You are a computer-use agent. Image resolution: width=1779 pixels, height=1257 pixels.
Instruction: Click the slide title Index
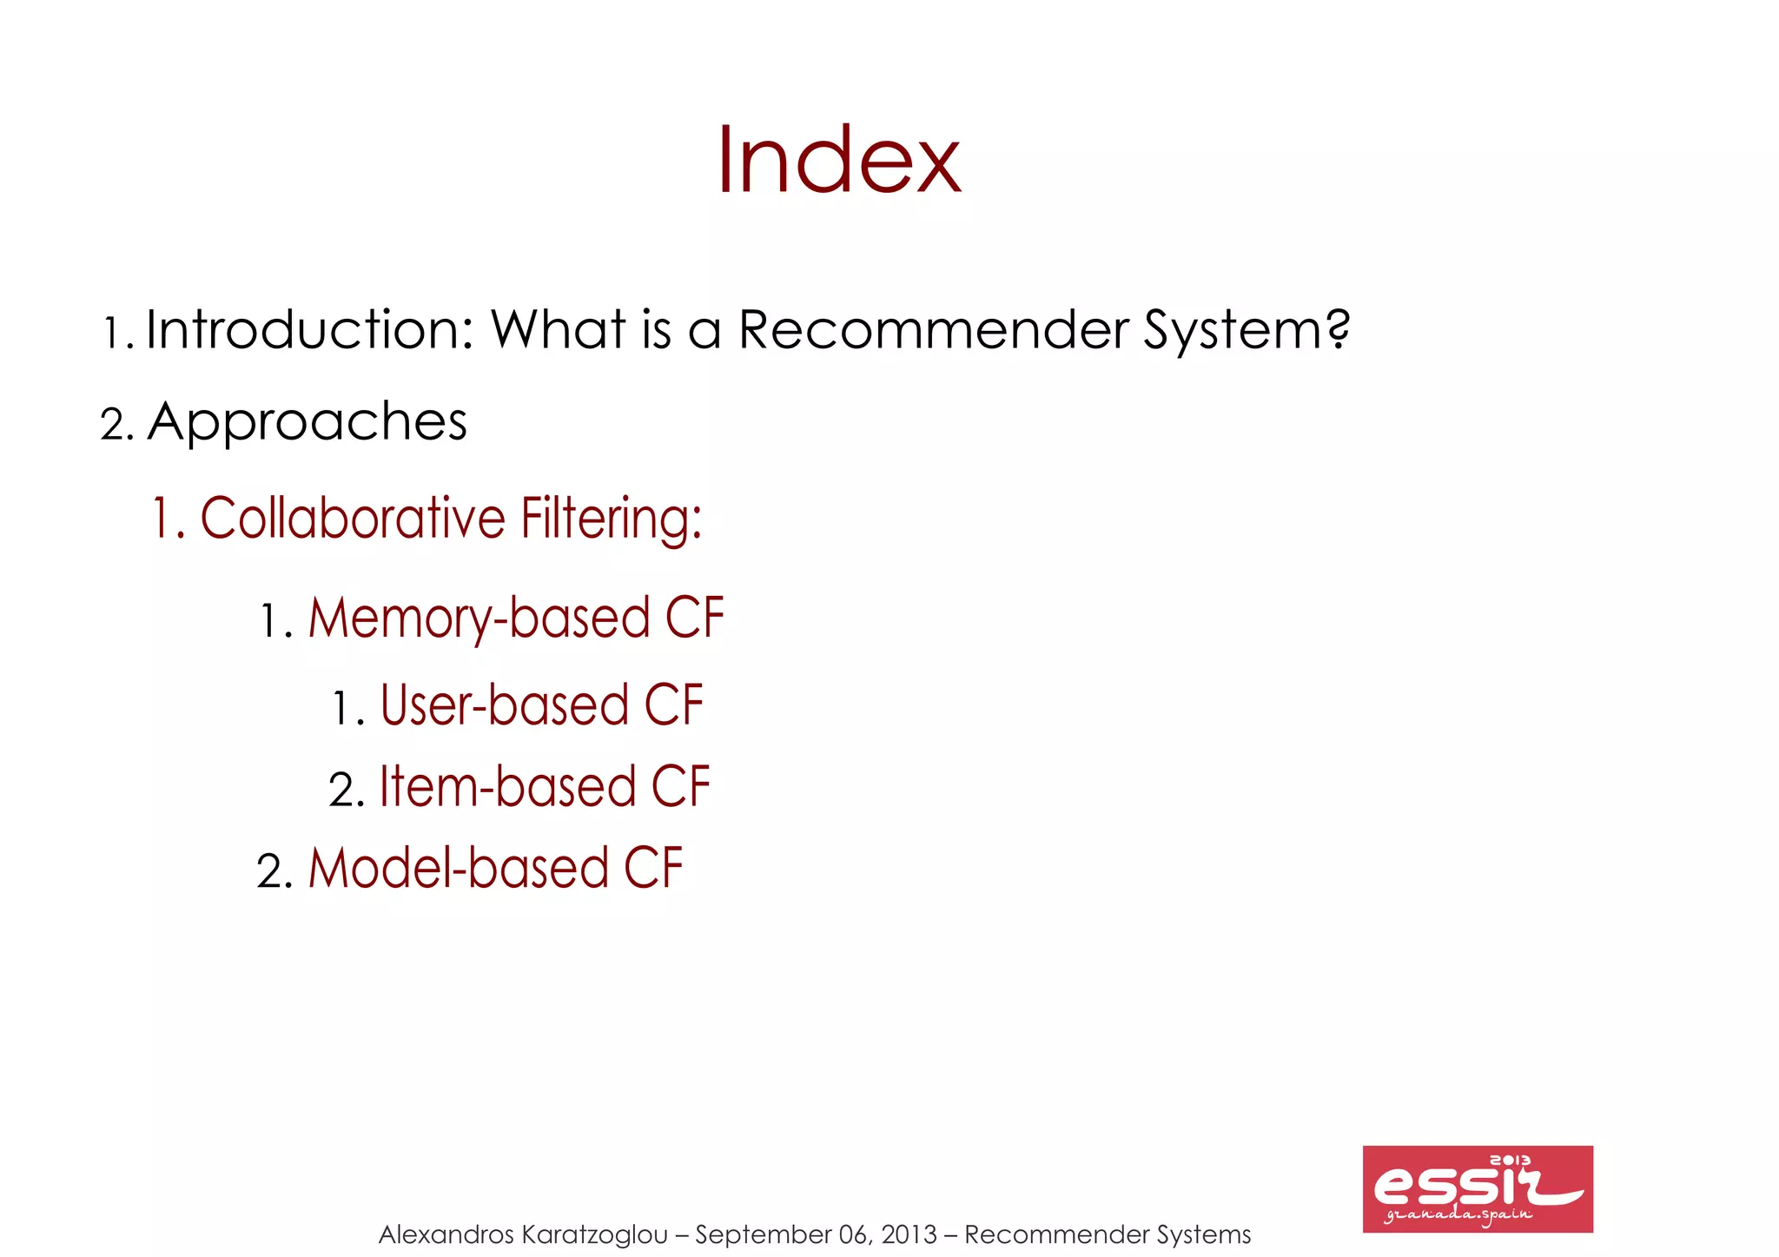pyautogui.click(x=838, y=161)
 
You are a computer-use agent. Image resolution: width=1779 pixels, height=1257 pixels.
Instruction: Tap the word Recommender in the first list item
pyautogui.click(x=933, y=330)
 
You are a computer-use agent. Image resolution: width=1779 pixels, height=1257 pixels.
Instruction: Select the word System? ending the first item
pyautogui.click(x=1247, y=332)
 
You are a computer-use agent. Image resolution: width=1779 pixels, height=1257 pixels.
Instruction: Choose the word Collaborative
pyautogui.click(x=353, y=519)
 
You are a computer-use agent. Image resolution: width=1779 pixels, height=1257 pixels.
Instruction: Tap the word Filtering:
pyautogui.click(x=612, y=520)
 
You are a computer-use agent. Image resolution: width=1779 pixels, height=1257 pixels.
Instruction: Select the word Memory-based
pyautogui.click(x=479, y=619)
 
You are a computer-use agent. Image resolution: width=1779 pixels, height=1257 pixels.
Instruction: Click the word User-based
pyautogui.click(x=505, y=705)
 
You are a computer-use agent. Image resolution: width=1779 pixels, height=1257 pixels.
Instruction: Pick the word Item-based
pyautogui.click(x=508, y=787)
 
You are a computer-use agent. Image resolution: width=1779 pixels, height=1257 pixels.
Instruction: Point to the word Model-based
pyautogui.click(x=459, y=869)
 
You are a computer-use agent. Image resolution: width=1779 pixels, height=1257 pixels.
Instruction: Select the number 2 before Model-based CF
pyautogui.click(x=273, y=871)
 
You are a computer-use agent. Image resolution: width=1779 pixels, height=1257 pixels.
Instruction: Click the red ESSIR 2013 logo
pyautogui.click(x=1477, y=1188)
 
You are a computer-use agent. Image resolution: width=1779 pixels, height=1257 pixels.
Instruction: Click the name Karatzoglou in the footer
pyautogui.click(x=595, y=1234)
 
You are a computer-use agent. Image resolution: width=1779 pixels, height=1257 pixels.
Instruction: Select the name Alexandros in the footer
pyautogui.click(x=446, y=1234)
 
